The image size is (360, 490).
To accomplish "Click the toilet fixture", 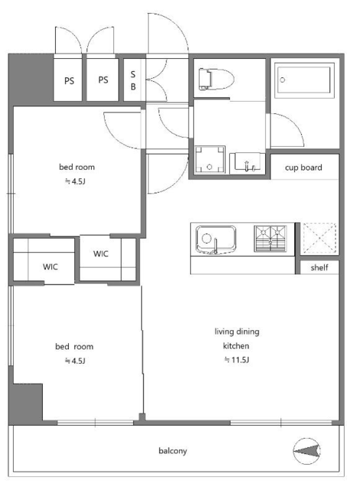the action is tap(216, 79).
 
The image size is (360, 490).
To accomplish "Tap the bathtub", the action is tap(304, 80).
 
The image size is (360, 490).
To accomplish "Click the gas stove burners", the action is tap(270, 238).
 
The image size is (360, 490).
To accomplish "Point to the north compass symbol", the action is tap(307, 451).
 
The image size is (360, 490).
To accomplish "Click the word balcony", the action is tap(173, 451).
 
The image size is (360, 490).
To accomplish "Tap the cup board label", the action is tap(303, 168).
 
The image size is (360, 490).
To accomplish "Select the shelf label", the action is tap(319, 267).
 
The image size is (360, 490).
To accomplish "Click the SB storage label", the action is tap(133, 80).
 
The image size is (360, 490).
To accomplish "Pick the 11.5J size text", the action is tap(237, 360).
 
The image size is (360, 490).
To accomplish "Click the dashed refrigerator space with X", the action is tap(319, 237).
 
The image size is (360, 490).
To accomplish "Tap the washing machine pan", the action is tap(210, 159).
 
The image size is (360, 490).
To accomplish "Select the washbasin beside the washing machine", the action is tap(247, 163).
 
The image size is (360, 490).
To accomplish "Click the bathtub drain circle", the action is tap(283, 80).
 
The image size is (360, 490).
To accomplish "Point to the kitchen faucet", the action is tap(215, 246).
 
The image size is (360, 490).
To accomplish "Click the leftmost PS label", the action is tap(69, 81).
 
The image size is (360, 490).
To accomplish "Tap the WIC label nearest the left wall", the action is tap(51, 266).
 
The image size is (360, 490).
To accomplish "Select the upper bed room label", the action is tap(77, 167).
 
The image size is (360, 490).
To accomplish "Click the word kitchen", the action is tap(236, 345).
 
